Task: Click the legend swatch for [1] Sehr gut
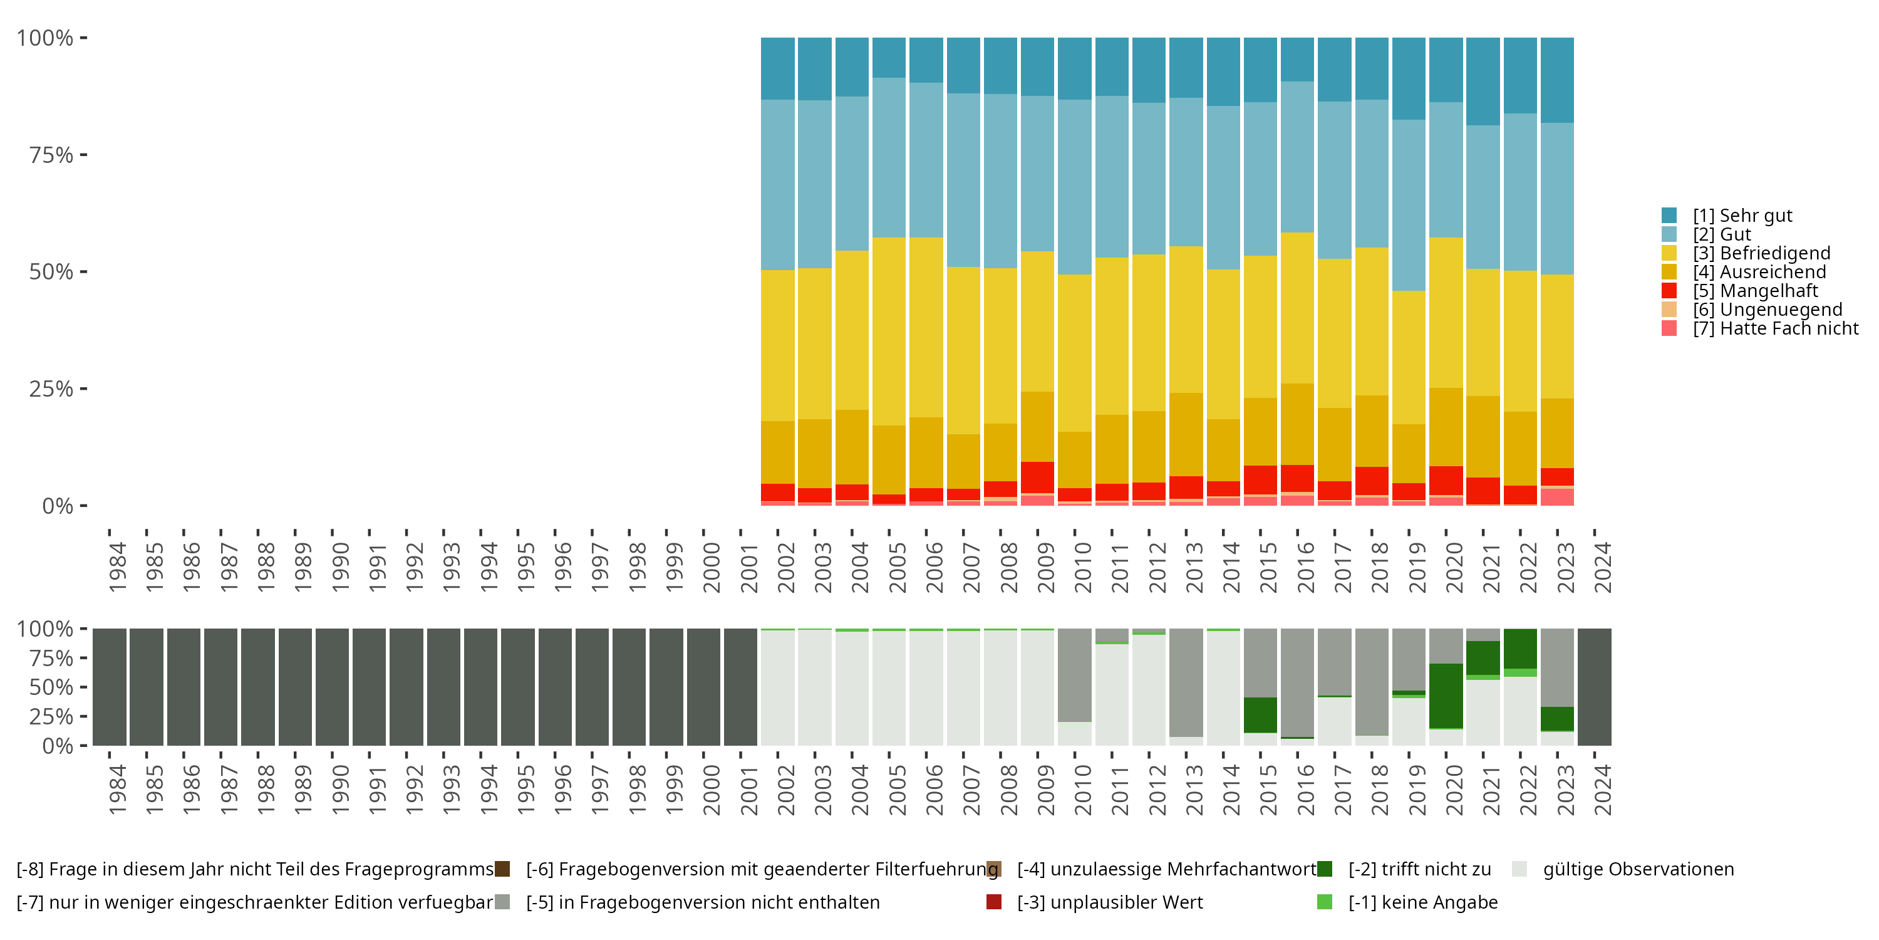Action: click(1669, 216)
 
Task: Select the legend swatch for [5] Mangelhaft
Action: click(1669, 291)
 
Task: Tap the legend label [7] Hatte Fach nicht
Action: click(1776, 328)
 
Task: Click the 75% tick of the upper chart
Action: click(51, 155)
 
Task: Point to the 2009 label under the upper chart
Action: click(1045, 567)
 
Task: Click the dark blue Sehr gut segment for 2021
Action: click(1483, 81)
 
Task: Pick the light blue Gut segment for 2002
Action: click(777, 185)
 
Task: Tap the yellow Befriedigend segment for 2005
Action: click(889, 332)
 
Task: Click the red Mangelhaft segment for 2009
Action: click(1037, 478)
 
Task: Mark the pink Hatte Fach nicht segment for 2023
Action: click(1557, 497)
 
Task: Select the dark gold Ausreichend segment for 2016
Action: click(1297, 424)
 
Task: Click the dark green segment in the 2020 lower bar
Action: click(1446, 696)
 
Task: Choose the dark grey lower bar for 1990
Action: click(332, 687)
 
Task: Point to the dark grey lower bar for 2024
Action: click(1595, 687)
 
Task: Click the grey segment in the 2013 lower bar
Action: click(1186, 682)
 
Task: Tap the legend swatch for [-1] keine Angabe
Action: click(1325, 902)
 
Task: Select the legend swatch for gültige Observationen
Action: click(1519, 869)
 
